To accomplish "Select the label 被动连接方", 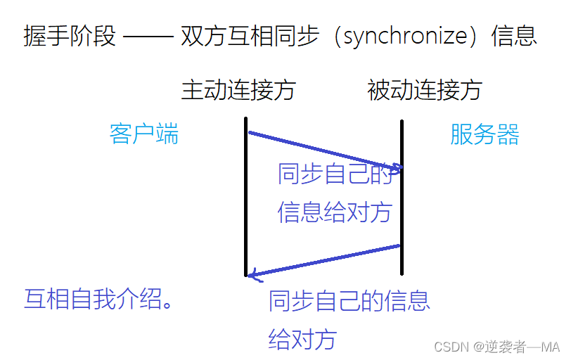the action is click(x=424, y=90).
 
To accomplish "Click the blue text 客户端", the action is click(x=144, y=134).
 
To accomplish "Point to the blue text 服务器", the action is click(x=485, y=134).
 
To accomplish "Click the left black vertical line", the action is click(x=246, y=204).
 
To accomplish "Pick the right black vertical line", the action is click(x=402, y=204).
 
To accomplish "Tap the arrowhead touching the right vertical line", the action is click(x=395, y=168).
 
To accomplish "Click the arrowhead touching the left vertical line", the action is click(x=253, y=275).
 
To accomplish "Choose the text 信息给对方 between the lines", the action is click(x=334, y=212).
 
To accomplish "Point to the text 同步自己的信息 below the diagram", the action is click(x=349, y=301).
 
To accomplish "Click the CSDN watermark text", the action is click(x=496, y=347).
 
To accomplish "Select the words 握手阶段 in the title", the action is click(x=69, y=36).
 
